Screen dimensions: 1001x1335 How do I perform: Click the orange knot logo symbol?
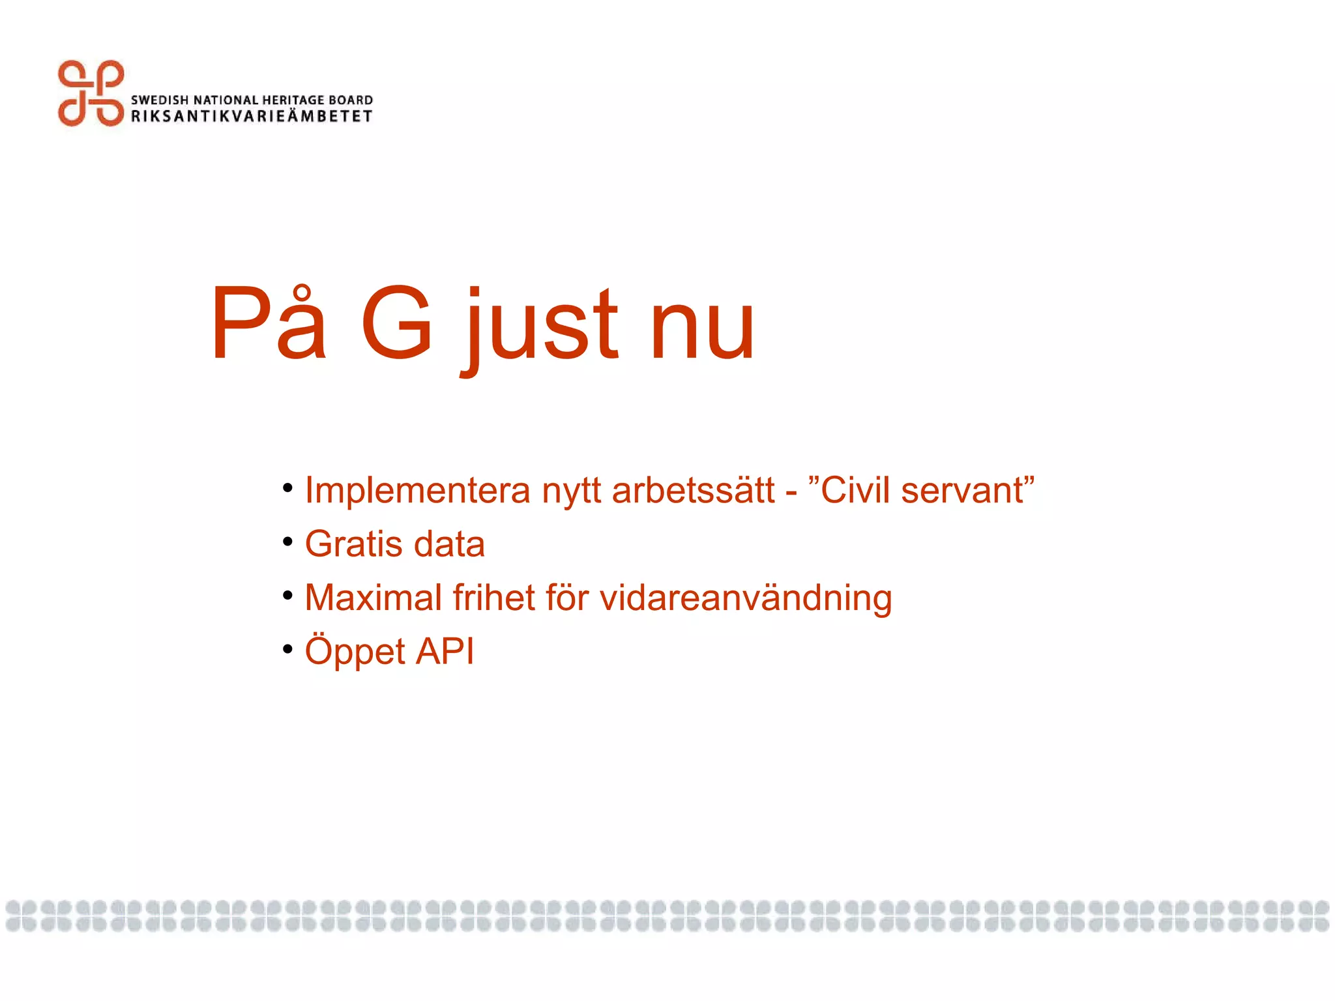(x=91, y=93)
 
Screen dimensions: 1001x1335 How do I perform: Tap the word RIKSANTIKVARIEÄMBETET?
(x=252, y=117)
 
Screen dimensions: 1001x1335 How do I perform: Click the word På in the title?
(x=267, y=323)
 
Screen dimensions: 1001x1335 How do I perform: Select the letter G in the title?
(x=397, y=323)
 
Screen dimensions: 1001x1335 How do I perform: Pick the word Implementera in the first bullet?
(x=417, y=491)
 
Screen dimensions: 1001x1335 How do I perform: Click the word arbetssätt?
(x=694, y=491)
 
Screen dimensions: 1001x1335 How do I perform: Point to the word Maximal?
(x=374, y=598)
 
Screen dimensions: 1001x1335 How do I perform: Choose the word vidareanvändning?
(x=746, y=599)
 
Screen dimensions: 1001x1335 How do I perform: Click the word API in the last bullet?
(x=445, y=651)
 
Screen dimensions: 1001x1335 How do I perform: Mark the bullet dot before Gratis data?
(x=287, y=542)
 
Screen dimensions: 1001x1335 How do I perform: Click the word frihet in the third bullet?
(x=493, y=598)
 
